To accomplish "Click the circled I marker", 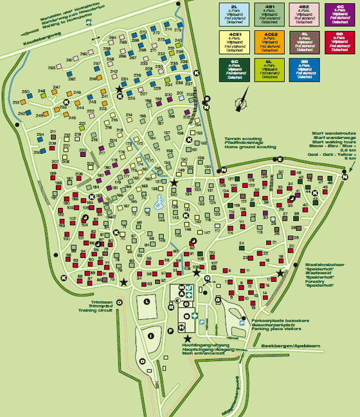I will pyautogui.click(x=150, y=335).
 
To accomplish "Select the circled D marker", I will pyautogui.click(x=142, y=362).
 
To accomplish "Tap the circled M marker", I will pyautogui.click(x=181, y=287).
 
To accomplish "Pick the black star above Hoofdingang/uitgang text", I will pyautogui.click(x=188, y=338).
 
